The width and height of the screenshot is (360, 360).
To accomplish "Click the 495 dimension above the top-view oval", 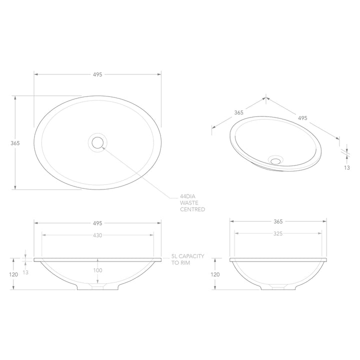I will click(97, 74).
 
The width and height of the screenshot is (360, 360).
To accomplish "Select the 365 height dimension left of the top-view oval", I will click(15, 143).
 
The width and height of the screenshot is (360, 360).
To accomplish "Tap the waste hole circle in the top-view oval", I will click(97, 143).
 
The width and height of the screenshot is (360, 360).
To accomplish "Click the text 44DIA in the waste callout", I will click(188, 196).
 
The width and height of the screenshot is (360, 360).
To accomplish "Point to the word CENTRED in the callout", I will click(192, 210).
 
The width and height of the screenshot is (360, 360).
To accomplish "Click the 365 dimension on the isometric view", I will click(238, 112).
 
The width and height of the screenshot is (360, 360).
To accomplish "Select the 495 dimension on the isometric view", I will click(302, 118).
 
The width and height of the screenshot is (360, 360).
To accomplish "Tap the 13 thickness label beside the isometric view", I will click(346, 168).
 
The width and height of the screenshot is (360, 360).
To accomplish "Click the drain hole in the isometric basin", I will click(275, 160).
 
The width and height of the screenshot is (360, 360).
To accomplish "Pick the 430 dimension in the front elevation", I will click(97, 235).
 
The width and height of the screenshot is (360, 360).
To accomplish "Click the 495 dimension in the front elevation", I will click(97, 222).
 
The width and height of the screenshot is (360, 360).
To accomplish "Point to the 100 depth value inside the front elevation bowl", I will click(97, 270).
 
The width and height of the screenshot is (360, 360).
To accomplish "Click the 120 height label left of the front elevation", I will click(13, 274).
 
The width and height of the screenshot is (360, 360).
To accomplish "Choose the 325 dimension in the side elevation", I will click(278, 233).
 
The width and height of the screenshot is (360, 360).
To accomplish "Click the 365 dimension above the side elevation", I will click(278, 221).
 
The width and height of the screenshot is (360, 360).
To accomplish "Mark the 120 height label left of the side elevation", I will click(215, 274).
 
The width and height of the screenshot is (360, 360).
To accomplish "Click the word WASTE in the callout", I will click(189, 203).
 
